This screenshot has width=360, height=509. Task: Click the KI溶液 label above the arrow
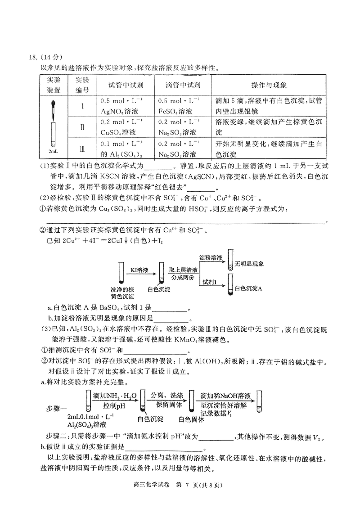tap(140, 270)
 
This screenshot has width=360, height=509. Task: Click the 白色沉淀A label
tap(248, 288)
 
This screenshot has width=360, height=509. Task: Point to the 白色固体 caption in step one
tap(192, 419)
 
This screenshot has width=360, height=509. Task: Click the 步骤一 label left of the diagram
tap(57, 408)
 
